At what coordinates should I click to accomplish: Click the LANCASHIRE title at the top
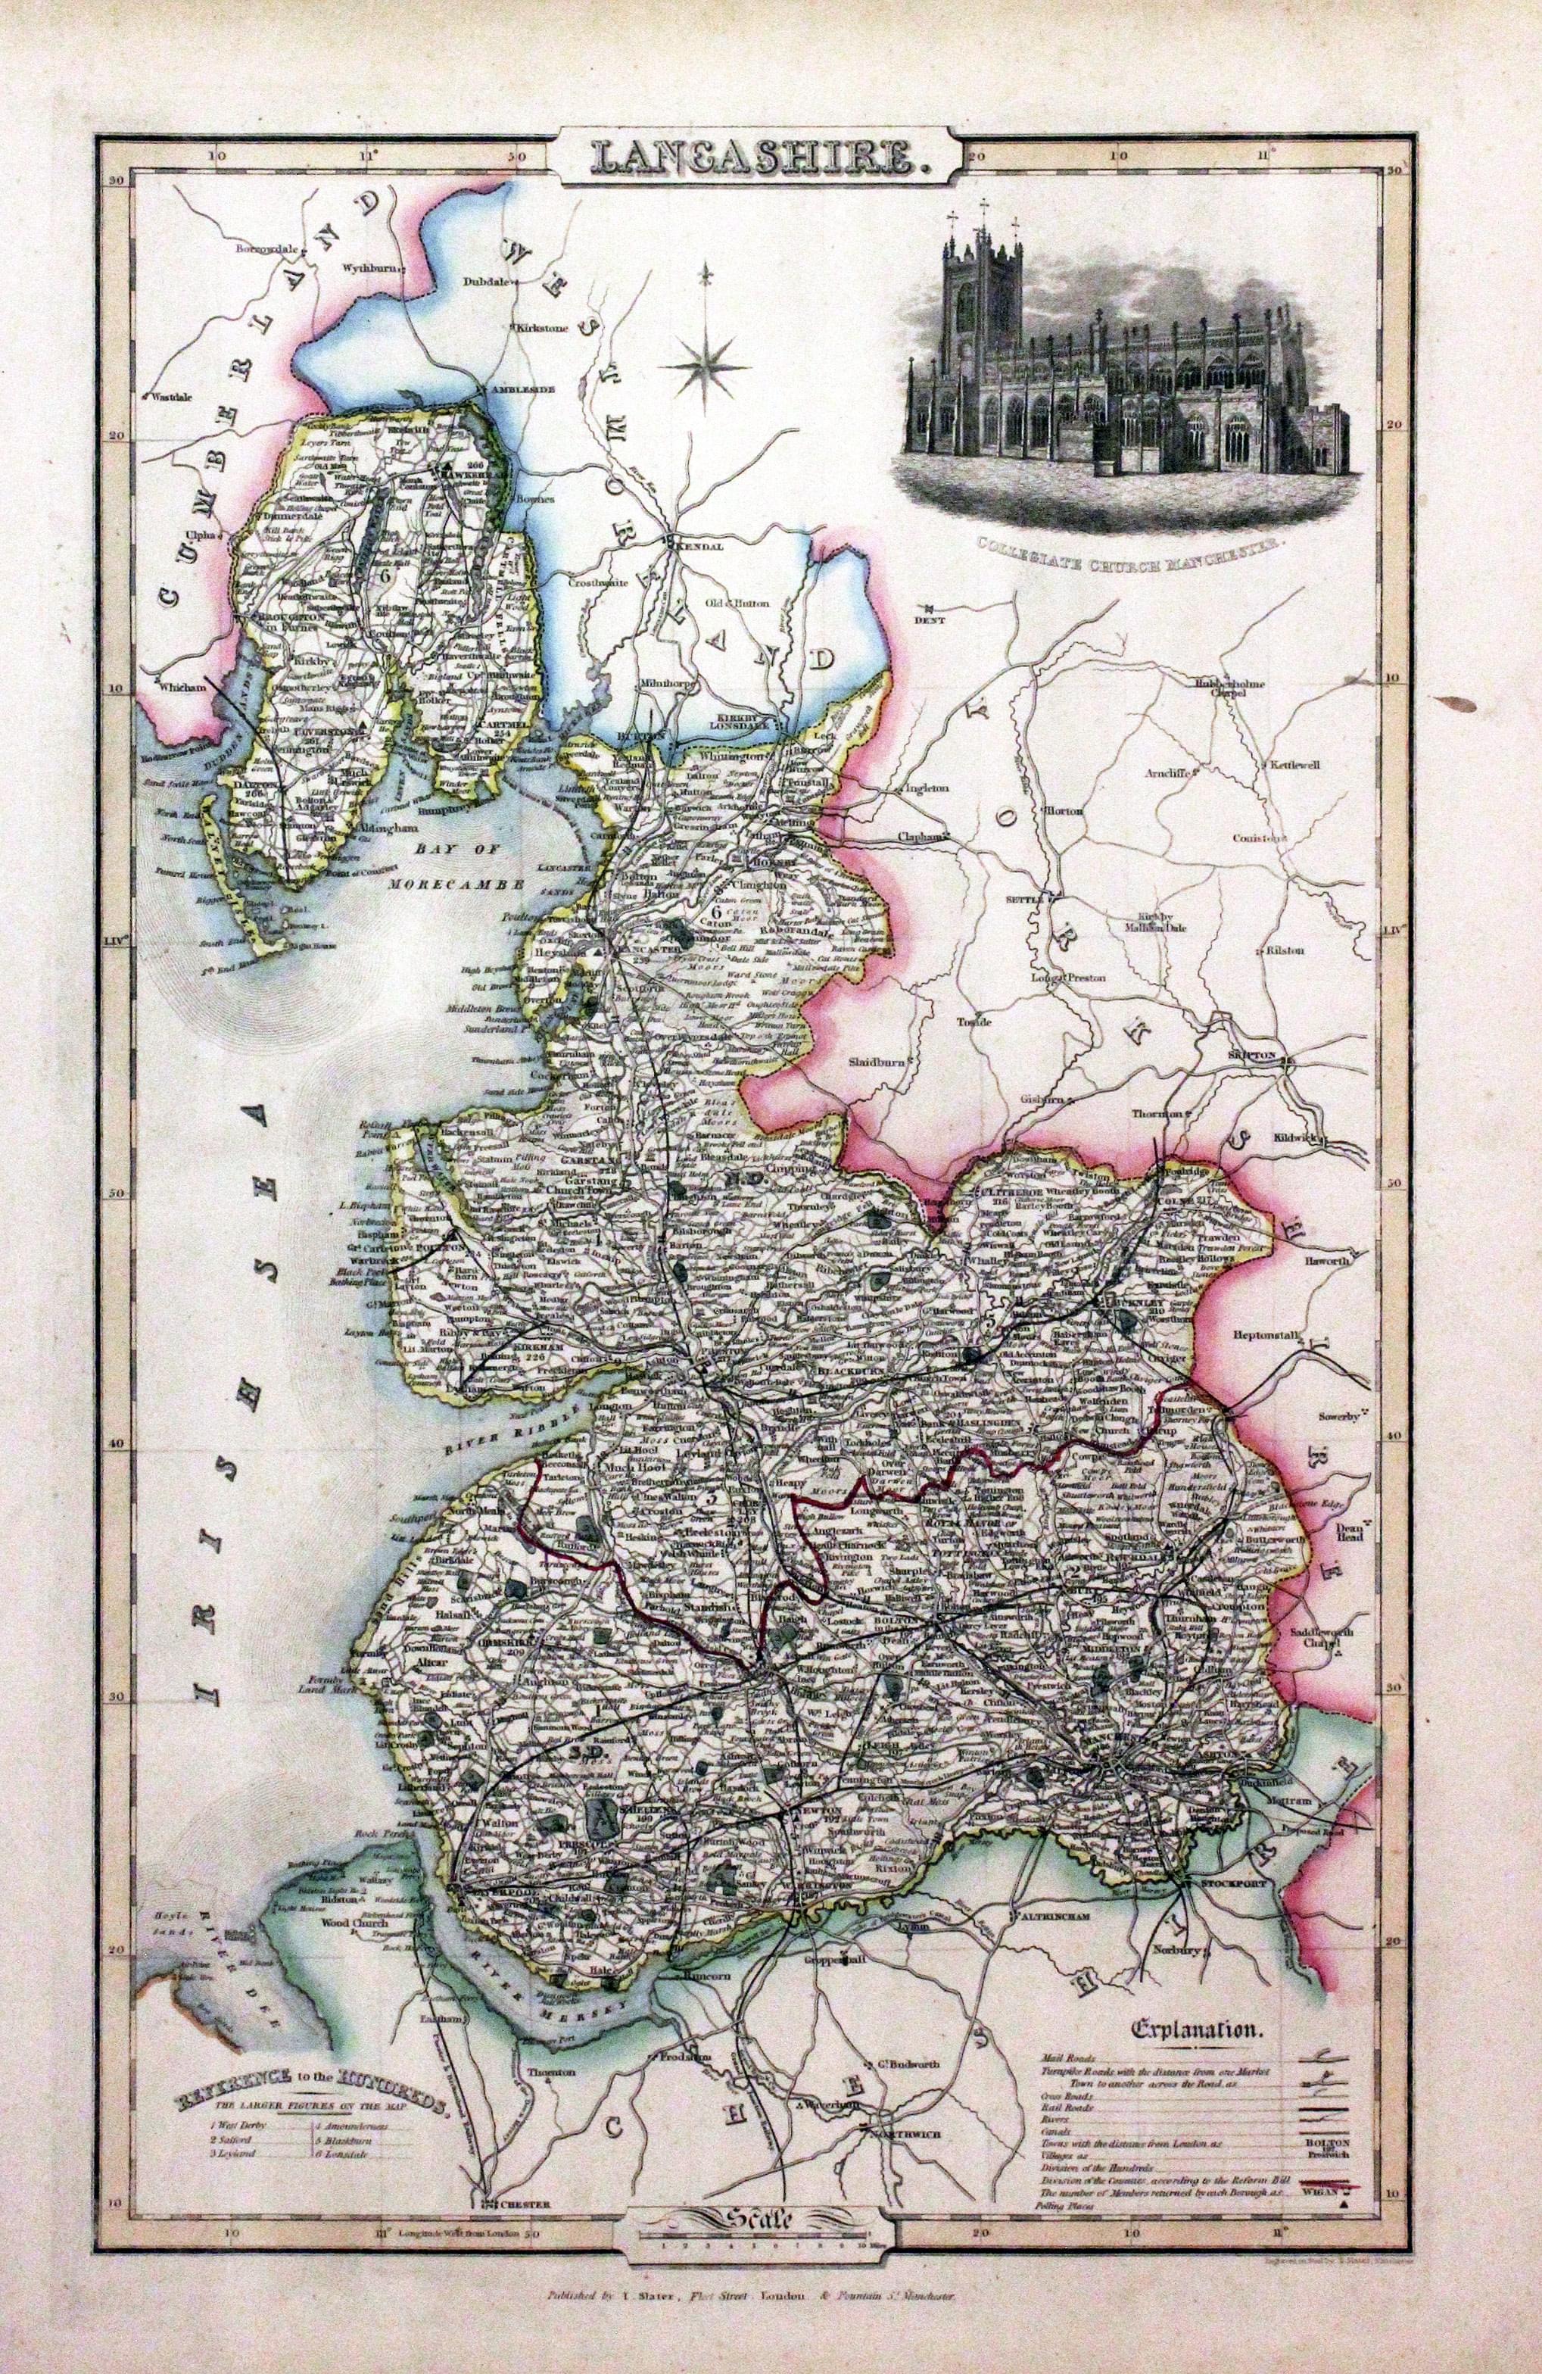click(x=757, y=158)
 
